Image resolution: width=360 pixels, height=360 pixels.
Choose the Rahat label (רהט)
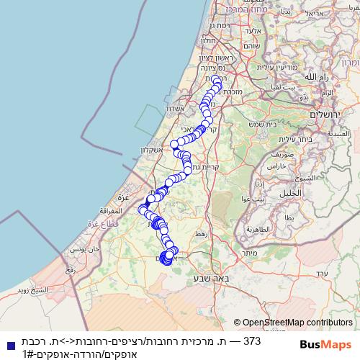(x=201, y=235)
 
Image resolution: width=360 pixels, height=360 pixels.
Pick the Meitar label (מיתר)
(x=251, y=253)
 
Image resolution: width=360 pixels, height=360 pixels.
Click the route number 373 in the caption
(x=251, y=340)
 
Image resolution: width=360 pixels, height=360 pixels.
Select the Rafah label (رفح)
(x=70, y=270)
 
